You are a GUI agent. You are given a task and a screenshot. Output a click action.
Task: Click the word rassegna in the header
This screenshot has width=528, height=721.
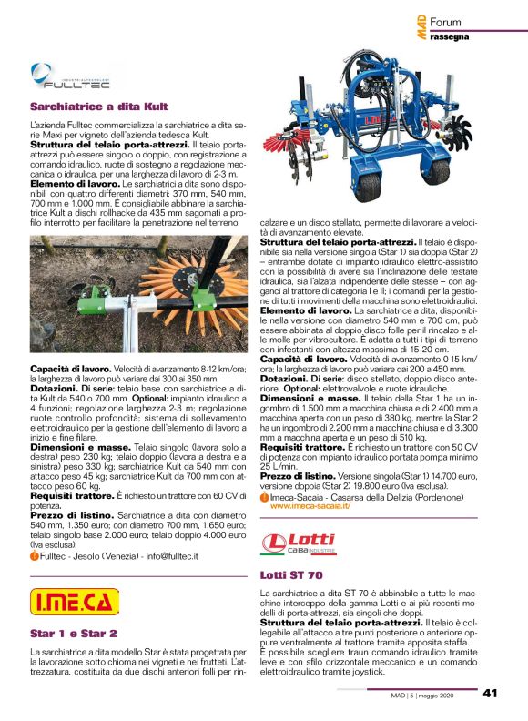click(448, 36)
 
